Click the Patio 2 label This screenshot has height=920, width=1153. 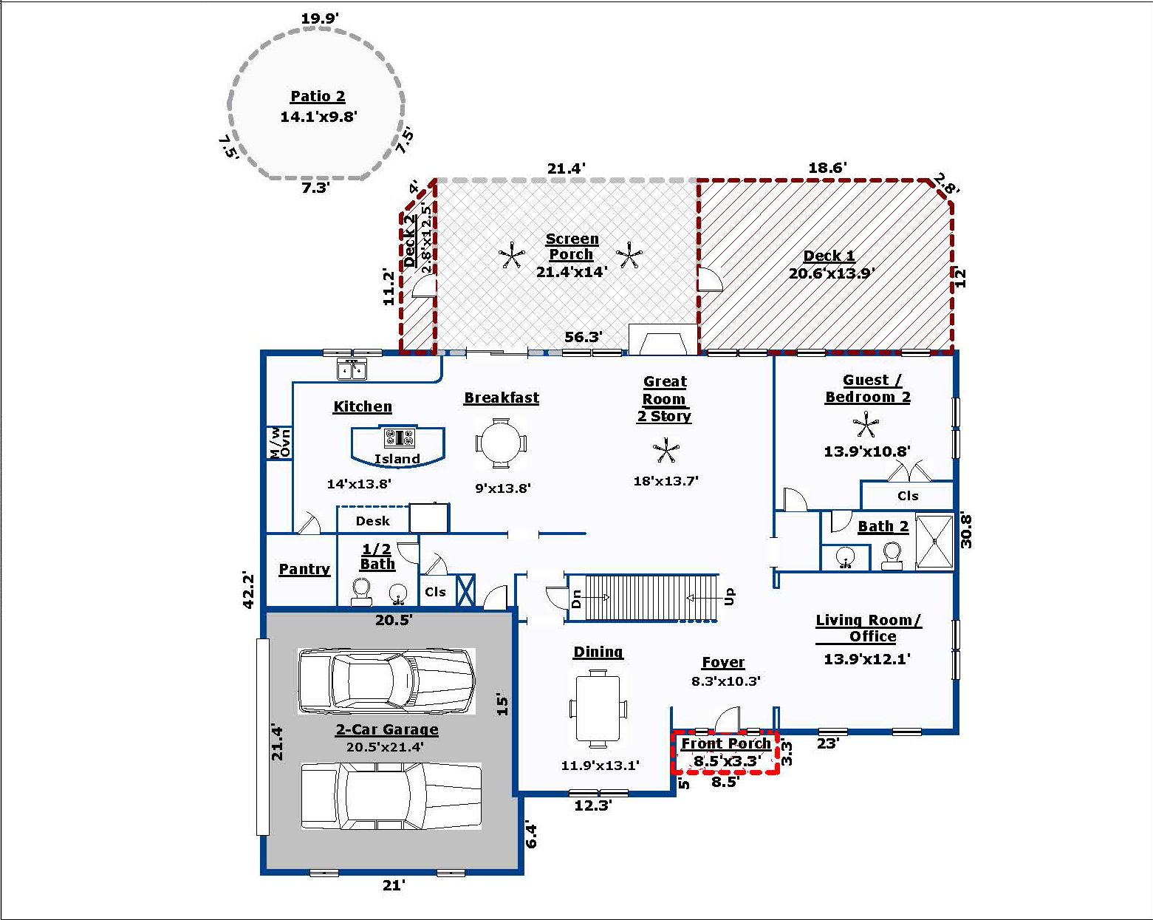click(x=318, y=97)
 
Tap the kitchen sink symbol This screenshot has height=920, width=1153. click(x=352, y=370)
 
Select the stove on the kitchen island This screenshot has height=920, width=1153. click(x=399, y=437)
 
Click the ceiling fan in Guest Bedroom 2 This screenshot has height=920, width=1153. click(x=866, y=425)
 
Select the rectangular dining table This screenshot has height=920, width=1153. click(x=598, y=708)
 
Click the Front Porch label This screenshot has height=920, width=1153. click(x=726, y=743)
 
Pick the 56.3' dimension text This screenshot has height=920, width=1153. click(x=584, y=337)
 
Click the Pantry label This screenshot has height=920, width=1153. click(x=304, y=569)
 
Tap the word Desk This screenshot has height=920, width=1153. click(x=373, y=521)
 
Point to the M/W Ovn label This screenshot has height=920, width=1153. click(x=280, y=443)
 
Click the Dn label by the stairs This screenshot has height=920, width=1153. click(x=576, y=599)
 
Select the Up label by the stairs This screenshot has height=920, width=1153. click(x=729, y=596)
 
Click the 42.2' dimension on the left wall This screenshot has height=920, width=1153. click(x=249, y=590)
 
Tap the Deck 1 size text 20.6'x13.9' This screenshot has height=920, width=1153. click(x=832, y=273)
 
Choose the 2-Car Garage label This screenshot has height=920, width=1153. click(x=387, y=729)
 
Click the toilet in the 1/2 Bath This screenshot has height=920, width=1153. click(x=361, y=591)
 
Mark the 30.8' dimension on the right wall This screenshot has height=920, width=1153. click(x=966, y=531)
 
